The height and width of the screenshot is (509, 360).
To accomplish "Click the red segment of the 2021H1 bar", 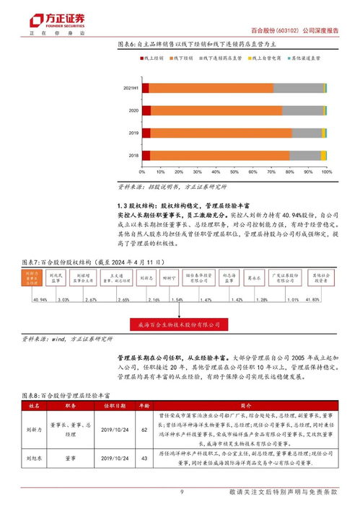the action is (145, 88).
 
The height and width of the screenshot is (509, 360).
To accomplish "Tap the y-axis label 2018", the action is (133, 156).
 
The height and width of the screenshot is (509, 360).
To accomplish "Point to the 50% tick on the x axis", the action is (234, 172).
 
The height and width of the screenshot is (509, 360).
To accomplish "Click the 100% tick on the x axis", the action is (325, 172).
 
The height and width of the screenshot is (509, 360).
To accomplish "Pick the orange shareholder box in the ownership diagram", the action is (30, 278).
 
